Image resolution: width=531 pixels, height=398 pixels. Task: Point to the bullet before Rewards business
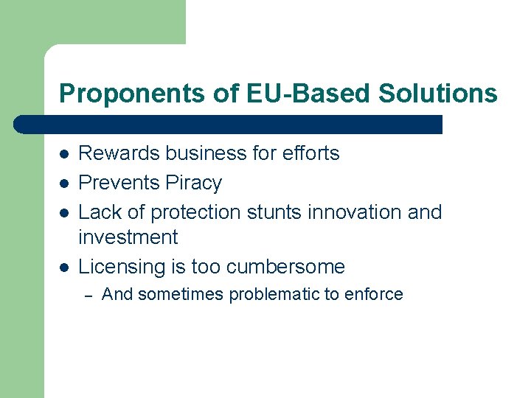pos(64,154)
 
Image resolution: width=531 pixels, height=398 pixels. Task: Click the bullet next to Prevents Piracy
pos(64,184)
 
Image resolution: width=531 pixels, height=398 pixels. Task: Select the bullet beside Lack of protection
pos(64,213)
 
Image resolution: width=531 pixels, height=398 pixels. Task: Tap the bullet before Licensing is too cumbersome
pos(64,268)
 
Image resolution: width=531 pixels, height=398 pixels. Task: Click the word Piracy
pos(194,183)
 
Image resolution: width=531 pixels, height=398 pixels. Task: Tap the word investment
pos(128,237)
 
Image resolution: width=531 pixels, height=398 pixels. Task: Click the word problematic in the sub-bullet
pos(277,294)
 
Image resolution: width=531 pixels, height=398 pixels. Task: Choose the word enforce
pos(376,294)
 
